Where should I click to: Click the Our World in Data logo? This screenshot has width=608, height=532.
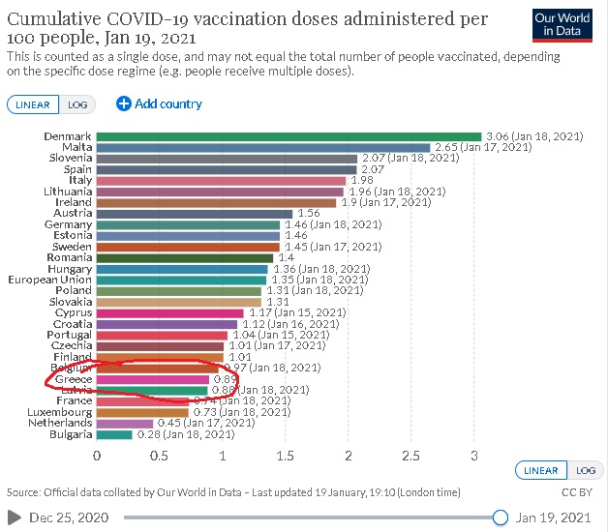point(561,24)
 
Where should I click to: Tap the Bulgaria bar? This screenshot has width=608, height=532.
point(114,434)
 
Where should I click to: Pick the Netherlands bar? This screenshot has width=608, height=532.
point(125,423)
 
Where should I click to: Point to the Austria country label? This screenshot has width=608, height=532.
point(73,214)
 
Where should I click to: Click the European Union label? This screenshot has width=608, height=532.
point(49,280)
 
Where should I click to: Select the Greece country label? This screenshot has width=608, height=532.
point(73,379)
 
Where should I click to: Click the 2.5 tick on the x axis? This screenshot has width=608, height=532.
point(411,456)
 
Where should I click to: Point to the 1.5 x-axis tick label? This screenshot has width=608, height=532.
point(286,456)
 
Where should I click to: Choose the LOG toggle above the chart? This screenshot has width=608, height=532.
point(75,103)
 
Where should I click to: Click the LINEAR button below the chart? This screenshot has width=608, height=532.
point(541,469)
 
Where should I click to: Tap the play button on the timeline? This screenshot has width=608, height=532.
point(14,517)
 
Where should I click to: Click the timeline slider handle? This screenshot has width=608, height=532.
point(501,517)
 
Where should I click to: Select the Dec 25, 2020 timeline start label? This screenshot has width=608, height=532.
point(66,517)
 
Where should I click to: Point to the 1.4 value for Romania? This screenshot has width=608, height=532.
point(286,258)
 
